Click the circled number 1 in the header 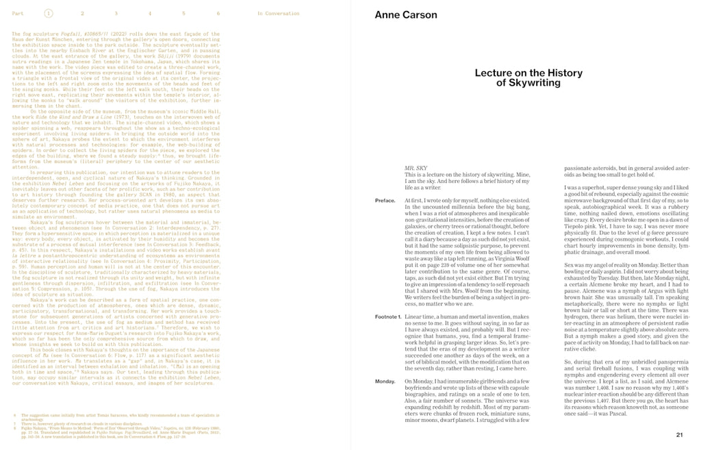[48, 13]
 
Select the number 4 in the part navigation [150, 13]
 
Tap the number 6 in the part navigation [218, 13]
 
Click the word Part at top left [18, 13]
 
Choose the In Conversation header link [278, 13]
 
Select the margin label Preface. [385, 201]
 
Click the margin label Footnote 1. [389, 316]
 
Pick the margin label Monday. [385, 381]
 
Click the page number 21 [679, 434]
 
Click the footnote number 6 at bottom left [15, 415]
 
